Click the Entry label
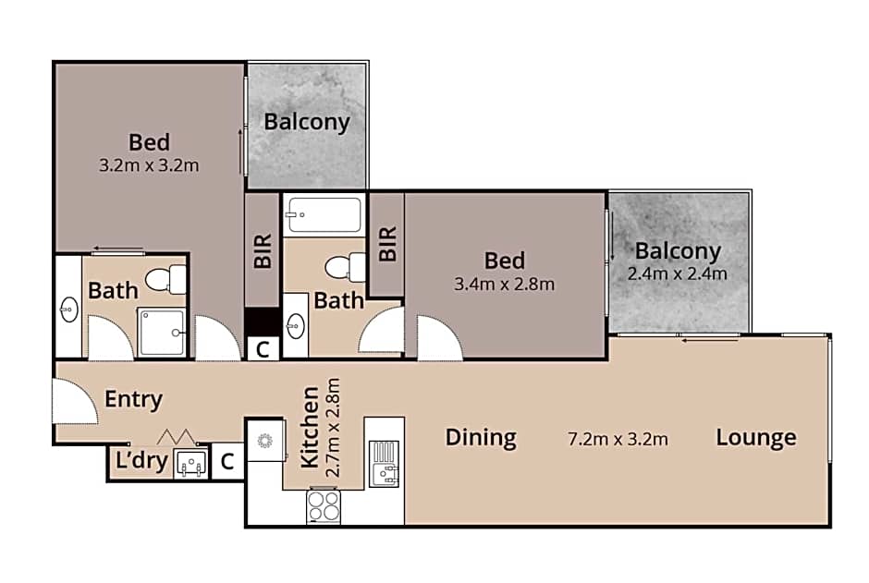[x=133, y=400]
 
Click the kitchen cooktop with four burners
[x=324, y=505]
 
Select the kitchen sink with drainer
[x=384, y=463]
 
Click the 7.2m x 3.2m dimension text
[x=618, y=438]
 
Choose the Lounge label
[x=755, y=437]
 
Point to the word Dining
[x=481, y=437]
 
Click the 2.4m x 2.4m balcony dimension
[x=677, y=273]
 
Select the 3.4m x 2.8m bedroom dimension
[x=505, y=284]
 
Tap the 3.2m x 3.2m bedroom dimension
[x=149, y=165]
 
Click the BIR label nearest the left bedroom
[x=263, y=249]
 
